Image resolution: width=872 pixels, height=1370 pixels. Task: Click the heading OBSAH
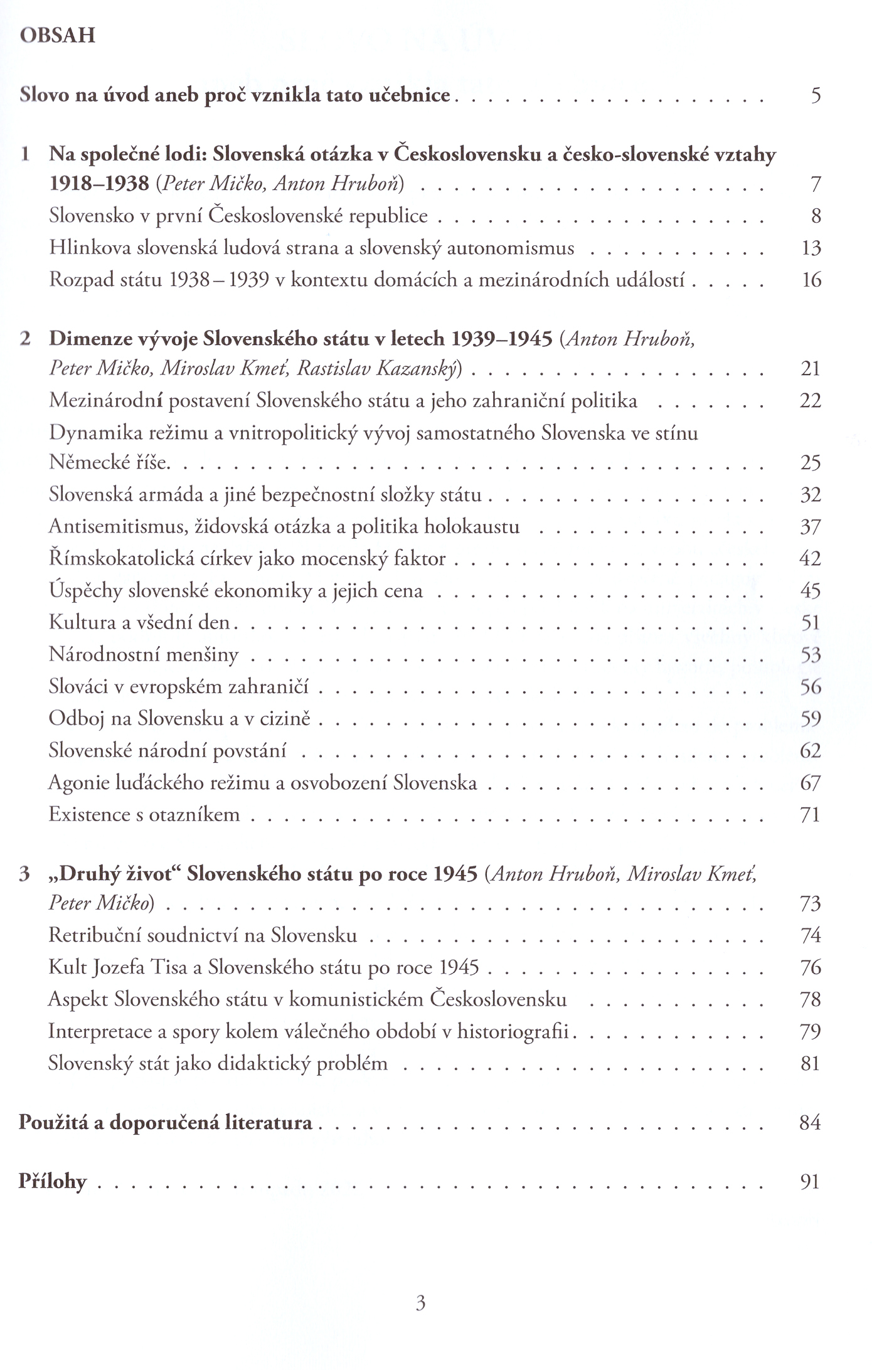point(57,35)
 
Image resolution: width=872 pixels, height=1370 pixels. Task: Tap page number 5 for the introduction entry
point(815,95)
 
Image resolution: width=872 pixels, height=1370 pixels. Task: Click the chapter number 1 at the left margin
point(25,154)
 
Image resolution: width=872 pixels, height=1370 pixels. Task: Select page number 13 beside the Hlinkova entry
point(811,248)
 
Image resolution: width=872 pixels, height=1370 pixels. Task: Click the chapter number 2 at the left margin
point(25,339)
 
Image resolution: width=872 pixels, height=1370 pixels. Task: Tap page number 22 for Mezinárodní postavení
point(810,401)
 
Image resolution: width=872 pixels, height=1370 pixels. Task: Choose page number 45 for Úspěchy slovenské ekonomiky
point(810,591)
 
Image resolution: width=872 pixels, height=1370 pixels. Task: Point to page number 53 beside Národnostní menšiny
point(811,656)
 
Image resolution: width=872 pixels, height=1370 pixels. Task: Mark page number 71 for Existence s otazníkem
point(810,815)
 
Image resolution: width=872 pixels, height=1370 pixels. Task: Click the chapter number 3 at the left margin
point(25,874)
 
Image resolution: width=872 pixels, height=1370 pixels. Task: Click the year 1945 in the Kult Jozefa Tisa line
point(459,967)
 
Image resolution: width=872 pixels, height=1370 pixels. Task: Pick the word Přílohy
point(53,1182)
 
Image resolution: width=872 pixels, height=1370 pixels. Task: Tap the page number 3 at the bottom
point(420,1303)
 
